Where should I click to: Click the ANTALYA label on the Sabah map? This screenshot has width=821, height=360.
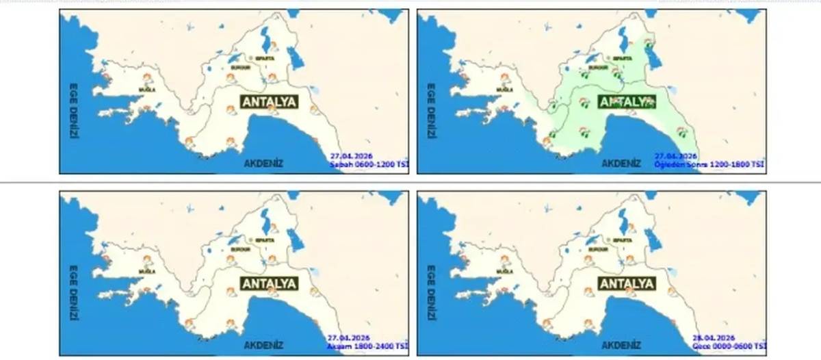pos(270,102)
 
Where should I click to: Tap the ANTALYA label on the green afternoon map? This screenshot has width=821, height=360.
pos(627,102)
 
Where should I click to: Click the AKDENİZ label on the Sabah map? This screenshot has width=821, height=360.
pos(263,164)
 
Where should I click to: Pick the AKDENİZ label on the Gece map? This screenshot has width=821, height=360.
pos(621,345)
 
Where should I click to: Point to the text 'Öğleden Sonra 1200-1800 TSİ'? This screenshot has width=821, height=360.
pos(709,165)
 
